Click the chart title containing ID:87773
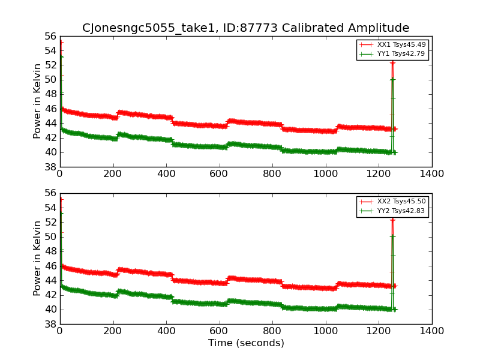pos(245,28)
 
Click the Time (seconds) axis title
pos(246,343)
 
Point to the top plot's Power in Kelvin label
pos(37,101)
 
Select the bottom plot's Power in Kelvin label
pos(37,258)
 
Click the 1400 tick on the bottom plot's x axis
pos(431,331)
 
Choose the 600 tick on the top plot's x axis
pos(219,174)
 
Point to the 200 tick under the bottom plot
pos(113,331)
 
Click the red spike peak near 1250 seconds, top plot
pos(392,62)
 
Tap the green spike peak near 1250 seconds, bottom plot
pos(392,236)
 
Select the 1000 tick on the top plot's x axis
pos(325,174)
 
